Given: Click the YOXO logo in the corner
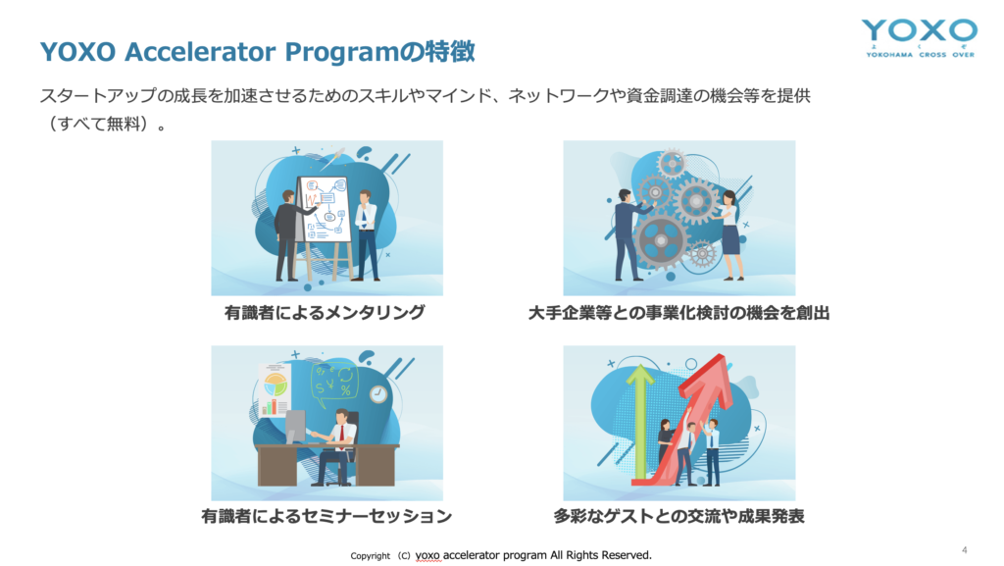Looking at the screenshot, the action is tap(920, 38).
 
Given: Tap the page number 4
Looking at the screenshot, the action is tap(965, 550).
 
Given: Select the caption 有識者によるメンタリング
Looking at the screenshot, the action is tap(325, 313).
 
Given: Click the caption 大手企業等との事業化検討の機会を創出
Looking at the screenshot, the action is tap(678, 313).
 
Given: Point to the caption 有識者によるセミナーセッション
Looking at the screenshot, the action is tap(326, 516).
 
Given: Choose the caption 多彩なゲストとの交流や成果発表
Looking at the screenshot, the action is tap(678, 516).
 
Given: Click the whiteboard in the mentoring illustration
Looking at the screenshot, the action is tap(326, 209).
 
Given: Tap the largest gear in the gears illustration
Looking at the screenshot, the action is tap(660, 241).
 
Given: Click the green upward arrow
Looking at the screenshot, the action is tap(639, 423).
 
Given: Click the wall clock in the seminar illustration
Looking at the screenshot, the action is tap(378, 394).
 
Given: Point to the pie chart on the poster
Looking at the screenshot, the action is tap(276, 386).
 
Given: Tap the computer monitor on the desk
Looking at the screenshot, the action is tap(295, 427).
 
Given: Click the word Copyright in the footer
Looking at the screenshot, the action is tap(370, 556).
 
